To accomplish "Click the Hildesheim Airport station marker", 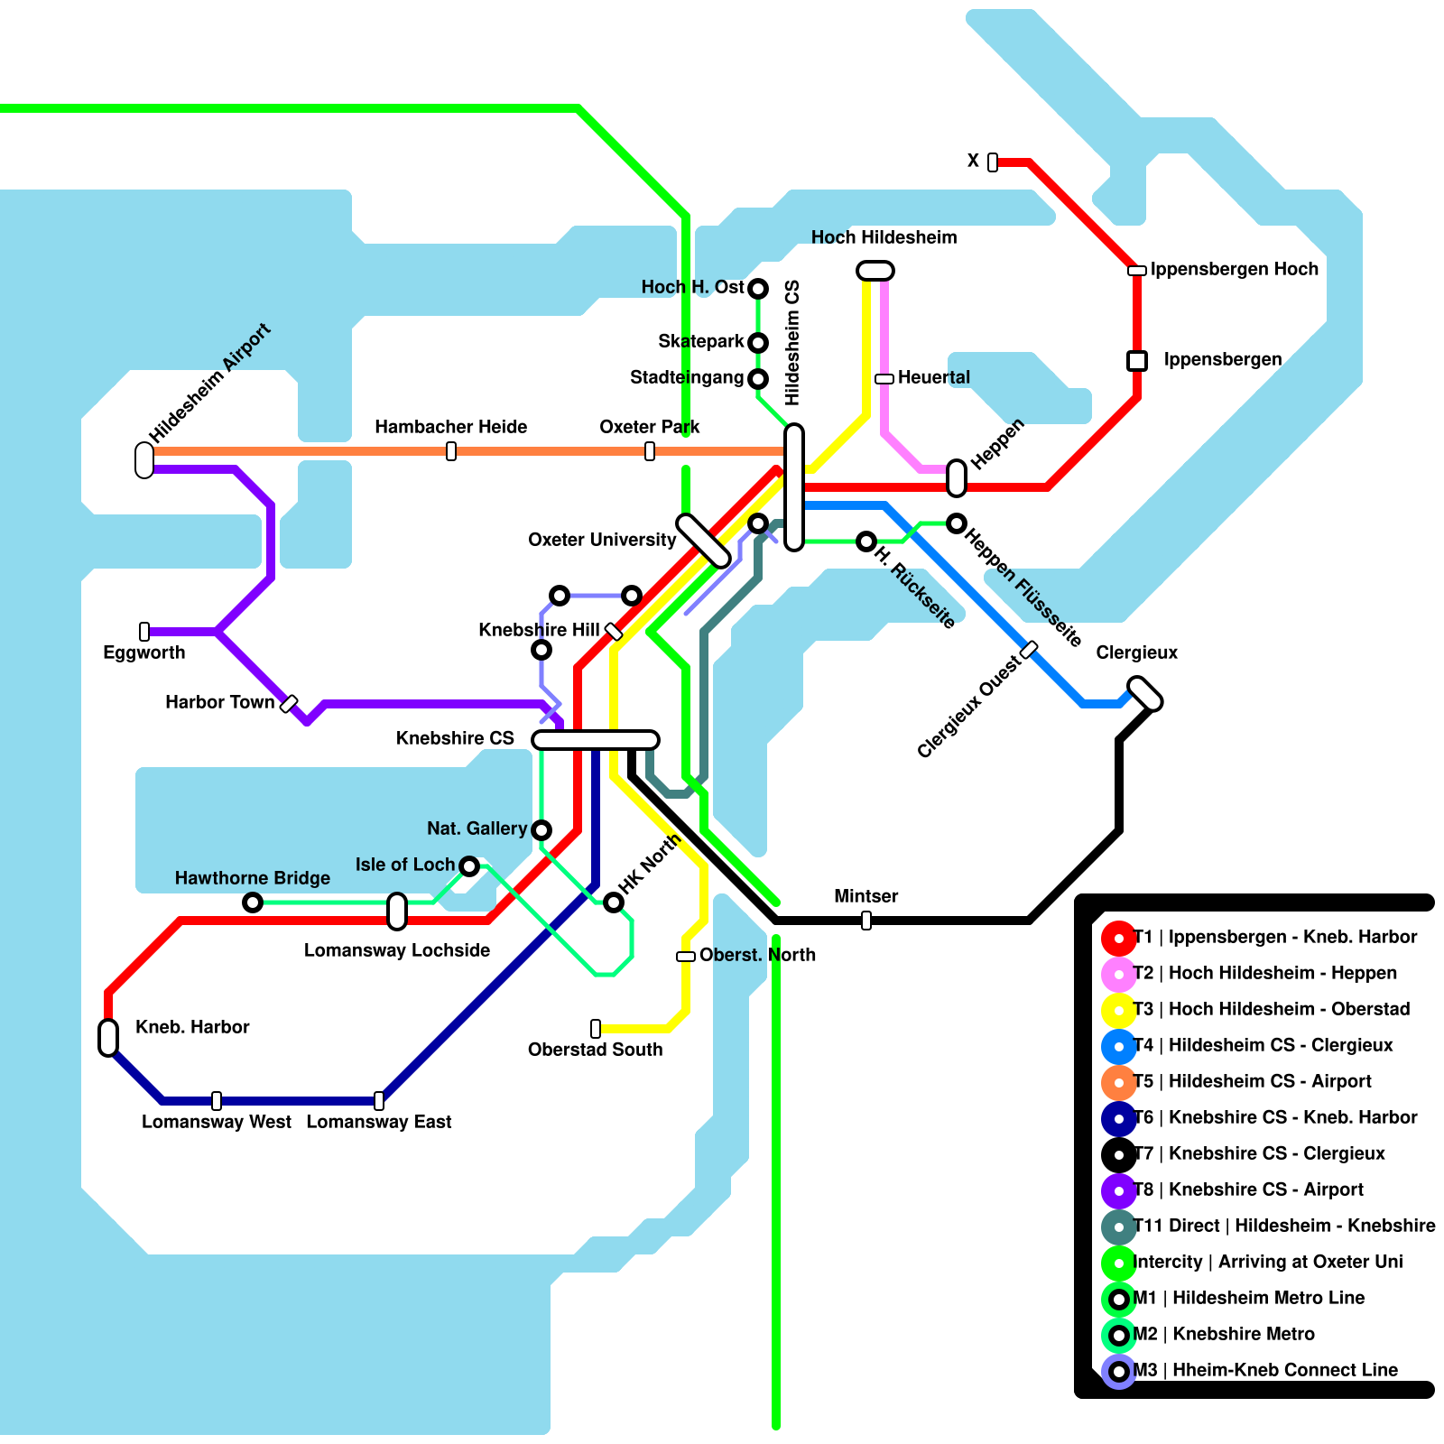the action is coord(144,459).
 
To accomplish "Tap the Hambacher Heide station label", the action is coord(450,427).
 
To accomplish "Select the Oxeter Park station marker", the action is coord(650,450).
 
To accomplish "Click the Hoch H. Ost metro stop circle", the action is coord(758,289).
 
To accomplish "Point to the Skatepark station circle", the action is coord(758,343).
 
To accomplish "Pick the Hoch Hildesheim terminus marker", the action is coord(875,271).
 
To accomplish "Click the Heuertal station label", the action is coord(933,377).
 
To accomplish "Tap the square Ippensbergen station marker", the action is coord(1137,361).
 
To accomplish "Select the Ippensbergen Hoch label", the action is coord(1234,269).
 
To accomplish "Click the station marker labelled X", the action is coord(993,162).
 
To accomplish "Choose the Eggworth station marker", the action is coord(144,632).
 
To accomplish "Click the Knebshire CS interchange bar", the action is coord(596,740).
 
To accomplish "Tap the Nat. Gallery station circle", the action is coord(541,829).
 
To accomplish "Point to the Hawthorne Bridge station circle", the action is coord(253,902).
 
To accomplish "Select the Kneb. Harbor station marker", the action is coord(108,1037).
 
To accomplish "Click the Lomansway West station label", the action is coord(217,1122).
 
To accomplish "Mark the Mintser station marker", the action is coord(866,921).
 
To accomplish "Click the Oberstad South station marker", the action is coord(596,1028).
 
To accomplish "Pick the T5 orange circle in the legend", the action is coord(1119,1082).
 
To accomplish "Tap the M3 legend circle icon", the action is coord(1119,1372).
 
